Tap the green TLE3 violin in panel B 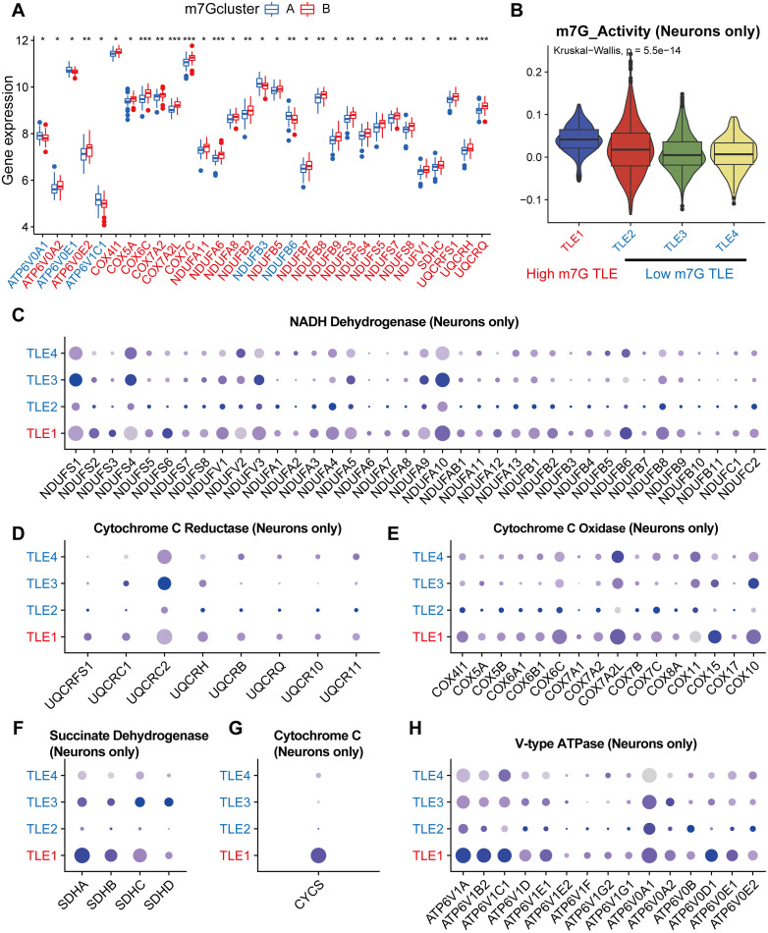pos(683,155)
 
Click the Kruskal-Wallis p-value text pos(617,50)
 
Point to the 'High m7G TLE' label pos(572,274)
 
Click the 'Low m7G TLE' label pos(689,274)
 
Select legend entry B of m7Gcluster pos(315,10)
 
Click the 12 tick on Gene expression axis pos(22,40)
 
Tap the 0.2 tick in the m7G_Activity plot pos(533,72)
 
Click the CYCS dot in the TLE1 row pos(318,855)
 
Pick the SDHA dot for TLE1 pos(82,855)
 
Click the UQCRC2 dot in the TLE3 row pos(164,583)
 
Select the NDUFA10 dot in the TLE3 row pos(442,380)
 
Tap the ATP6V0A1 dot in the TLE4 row pos(649,775)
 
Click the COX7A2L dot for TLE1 pos(618,636)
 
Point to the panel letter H pos(415,729)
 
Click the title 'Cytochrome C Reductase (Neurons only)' pos(218,528)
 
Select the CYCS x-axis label pos(309,895)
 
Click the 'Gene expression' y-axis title pos(8,131)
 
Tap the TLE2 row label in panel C pos(41,407)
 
